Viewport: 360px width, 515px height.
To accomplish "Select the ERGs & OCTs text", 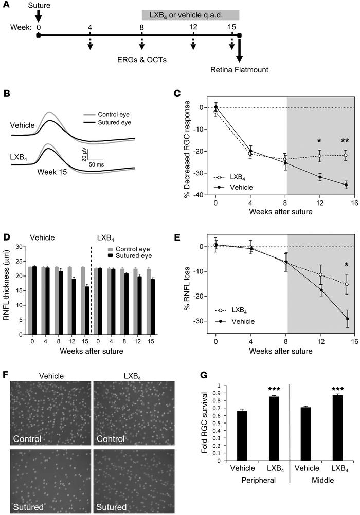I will (141, 59).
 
